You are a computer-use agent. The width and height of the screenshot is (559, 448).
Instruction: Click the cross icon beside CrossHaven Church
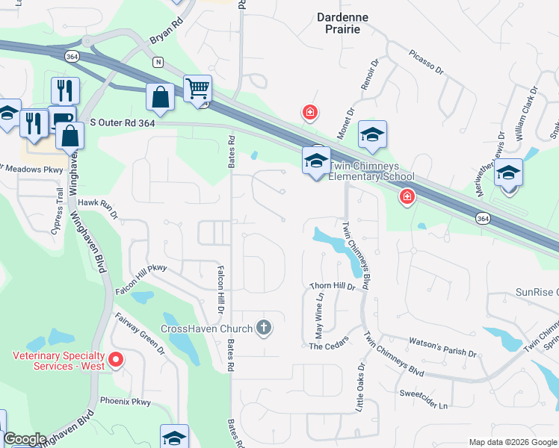[x=263, y=327]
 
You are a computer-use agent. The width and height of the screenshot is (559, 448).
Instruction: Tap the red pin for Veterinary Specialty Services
[x=116, y=361]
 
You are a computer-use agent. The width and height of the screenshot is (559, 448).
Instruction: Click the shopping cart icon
[x=197, y=89]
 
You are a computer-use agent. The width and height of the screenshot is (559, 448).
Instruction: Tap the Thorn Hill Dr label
[x=333, y=286]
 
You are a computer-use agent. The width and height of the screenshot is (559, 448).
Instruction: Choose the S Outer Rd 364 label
[x=122, y=122]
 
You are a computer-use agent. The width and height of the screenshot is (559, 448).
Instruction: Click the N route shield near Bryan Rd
[x=158, y=62]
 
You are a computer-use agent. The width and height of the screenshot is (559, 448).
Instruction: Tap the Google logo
[x=25, y=439]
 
